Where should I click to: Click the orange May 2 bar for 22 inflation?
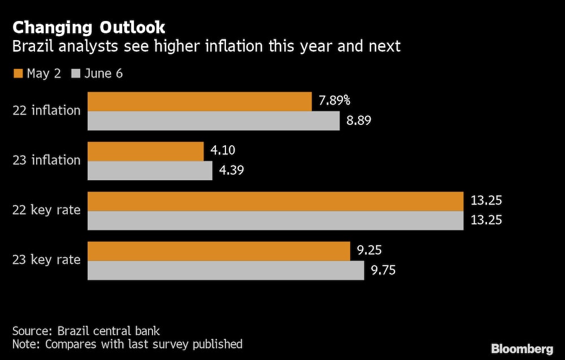(x=199, y=102)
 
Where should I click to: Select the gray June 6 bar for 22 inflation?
(x=214, y=121)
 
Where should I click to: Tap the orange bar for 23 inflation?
(x=145, y=151)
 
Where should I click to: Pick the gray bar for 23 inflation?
(x=150, y=171)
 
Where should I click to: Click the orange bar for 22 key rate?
(x=275, y=201)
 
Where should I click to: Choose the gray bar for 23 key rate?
(x=225, y=270)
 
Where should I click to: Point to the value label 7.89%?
(x=334, y=101)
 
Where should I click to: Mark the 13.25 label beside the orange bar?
(x=486, y=201)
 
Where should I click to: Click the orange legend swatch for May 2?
(x=17, y=73)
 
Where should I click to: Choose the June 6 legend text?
(x=103, y=73)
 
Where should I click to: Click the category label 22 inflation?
(x=47, y=111)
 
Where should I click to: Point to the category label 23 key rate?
(x=47, y=260)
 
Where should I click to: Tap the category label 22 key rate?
(x=47, y=210)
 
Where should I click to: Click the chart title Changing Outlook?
(x=89, y=27)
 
